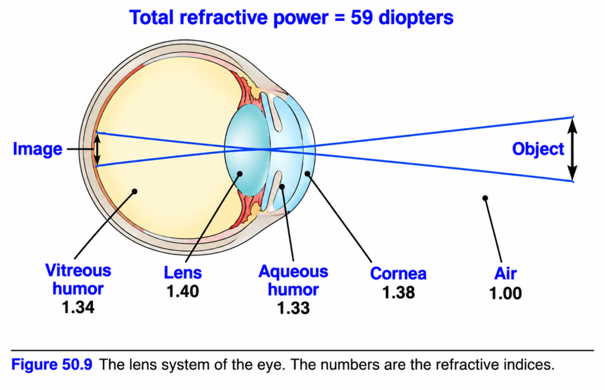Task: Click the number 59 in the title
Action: [362, 18]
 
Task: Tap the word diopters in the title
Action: [416, 18]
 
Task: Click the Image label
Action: [37, 149]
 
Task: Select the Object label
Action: [538, 149]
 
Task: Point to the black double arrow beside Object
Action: [573, 149]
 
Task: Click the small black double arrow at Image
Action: [97, 149]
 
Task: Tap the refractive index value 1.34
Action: [78, 307]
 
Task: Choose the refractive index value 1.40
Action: [183, 291]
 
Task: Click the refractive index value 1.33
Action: [293, 308]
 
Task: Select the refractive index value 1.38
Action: [399, 292]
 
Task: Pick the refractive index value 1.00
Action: [506, 294]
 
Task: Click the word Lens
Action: [183, 272]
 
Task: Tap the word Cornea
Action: [398, 273]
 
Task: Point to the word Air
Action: [506, 273]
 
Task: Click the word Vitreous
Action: [79, 270]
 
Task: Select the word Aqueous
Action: [293, 272]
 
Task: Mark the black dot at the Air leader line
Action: [485, 198]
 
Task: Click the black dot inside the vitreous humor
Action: [134, 191]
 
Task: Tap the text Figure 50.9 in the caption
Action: [52, 365]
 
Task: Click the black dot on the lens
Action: [240, 174]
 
